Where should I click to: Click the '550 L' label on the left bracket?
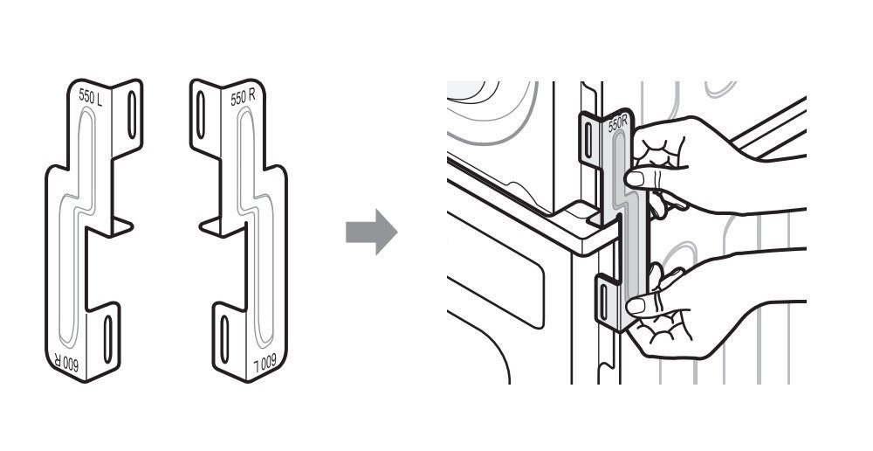[90, 96]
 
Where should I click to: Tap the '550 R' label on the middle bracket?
[243, 97]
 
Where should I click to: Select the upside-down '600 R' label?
[66, 363]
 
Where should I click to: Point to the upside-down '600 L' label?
[265, 363]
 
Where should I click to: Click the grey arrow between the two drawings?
[371, 232]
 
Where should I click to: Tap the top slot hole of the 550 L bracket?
[132, 114]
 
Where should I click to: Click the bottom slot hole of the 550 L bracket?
[107, 339]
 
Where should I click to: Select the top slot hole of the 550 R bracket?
[201, 114]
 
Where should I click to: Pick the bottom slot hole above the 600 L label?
[224, 339]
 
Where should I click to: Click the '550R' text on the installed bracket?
[617, 123]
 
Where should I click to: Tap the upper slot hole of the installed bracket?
[588, 140]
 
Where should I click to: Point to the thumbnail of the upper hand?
[635, 179]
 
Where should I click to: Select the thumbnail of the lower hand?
[636, 306]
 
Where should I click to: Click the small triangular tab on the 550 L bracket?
[120, 225]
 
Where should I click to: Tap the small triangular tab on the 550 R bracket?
[211, 225]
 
